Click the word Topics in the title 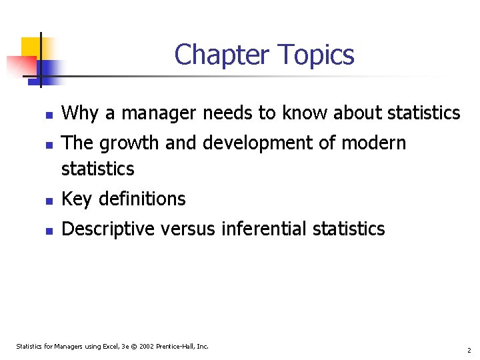coord(315,55)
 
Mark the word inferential coord(264,229)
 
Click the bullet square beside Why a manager coord(49,115)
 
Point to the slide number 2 coord(469,350)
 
